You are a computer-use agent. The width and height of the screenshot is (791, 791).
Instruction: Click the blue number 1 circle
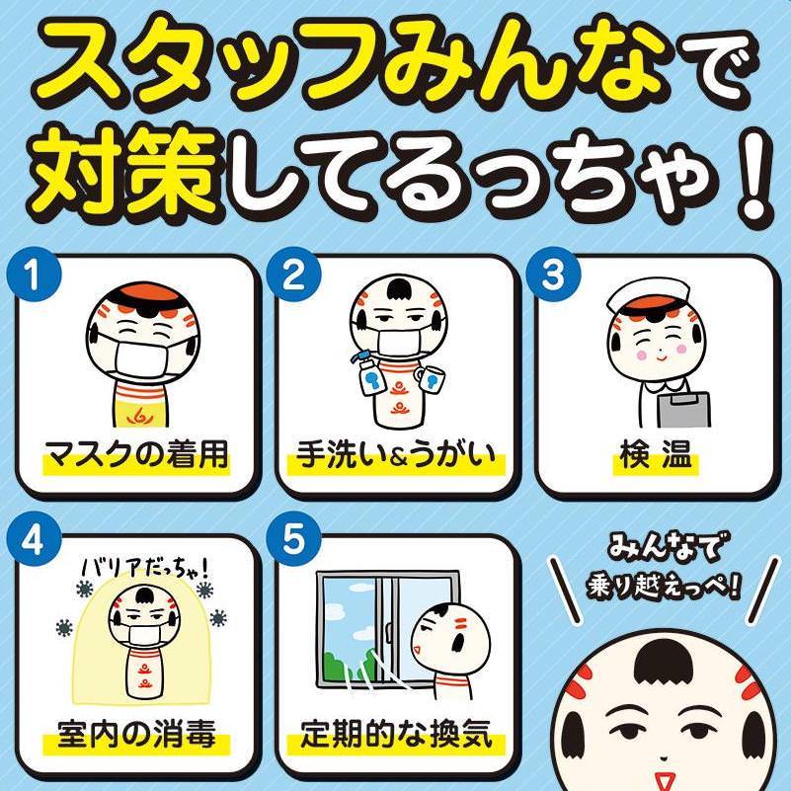[34, 275]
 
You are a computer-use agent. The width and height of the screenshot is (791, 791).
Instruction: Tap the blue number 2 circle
[293, 275]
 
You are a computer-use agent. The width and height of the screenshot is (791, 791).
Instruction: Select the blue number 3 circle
[553, 275]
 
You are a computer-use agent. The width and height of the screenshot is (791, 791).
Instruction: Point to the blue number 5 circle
[293, 540]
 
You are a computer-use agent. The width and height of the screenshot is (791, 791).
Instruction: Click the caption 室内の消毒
[136, 733]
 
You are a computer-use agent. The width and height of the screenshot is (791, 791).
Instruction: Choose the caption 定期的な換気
[397, 733]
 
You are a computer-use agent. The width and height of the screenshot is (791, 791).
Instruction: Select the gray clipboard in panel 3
[683, 410]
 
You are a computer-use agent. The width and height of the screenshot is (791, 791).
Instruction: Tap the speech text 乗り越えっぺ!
[663, 587]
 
